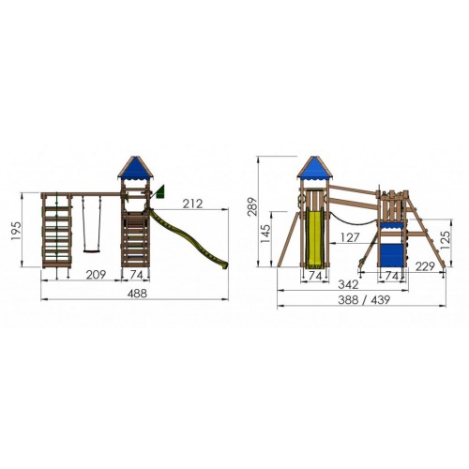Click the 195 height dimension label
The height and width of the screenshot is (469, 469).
16,231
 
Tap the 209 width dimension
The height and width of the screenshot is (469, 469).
96,275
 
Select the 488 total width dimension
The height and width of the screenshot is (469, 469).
137,294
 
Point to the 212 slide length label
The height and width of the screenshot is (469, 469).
192,204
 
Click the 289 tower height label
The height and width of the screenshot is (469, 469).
252,206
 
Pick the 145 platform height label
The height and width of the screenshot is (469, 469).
265,234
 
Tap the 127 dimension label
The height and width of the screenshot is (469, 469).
350,237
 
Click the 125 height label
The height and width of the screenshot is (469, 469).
446,240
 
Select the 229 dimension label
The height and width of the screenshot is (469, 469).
425,266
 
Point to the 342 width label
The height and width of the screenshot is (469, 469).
348,284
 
